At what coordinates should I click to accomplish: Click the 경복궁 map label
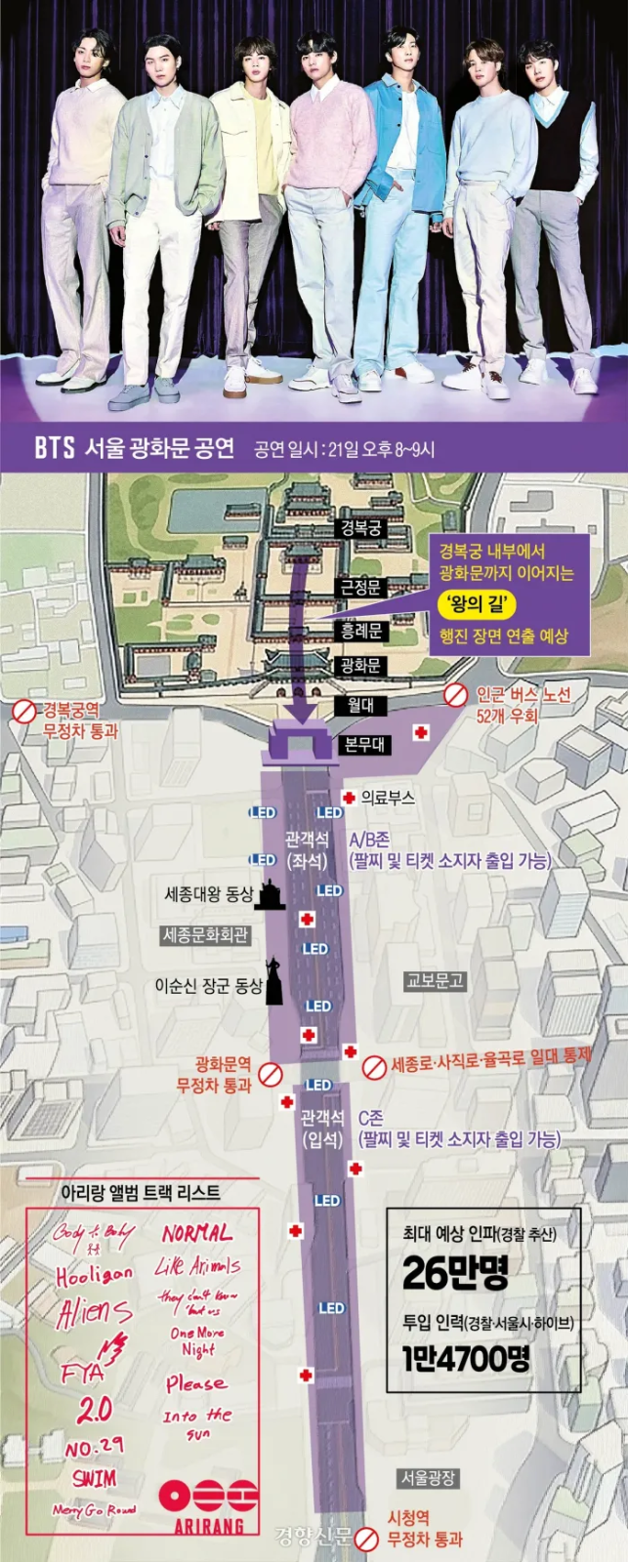[x=359, y=528]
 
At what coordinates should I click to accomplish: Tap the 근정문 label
[x=359, y=588]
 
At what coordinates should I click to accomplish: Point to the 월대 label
[x=359, y=705]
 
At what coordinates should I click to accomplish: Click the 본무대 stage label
[x=364, y=745]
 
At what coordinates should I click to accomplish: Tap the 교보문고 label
[x=435, y=980]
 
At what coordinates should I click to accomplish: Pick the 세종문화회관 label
[x=205, y=935]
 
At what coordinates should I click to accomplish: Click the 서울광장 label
[x=427, y=1478]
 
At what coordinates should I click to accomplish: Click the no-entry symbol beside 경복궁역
[x=23, y=713]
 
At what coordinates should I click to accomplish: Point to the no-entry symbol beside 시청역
[x=366, y=1540]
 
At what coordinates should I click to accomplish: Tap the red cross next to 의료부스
[x=349, y=798]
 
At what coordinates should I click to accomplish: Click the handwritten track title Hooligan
[x=94, y=1275]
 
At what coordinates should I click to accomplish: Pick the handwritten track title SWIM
[x=94, y=1478]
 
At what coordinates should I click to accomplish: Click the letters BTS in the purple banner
[x=55, y=448]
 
